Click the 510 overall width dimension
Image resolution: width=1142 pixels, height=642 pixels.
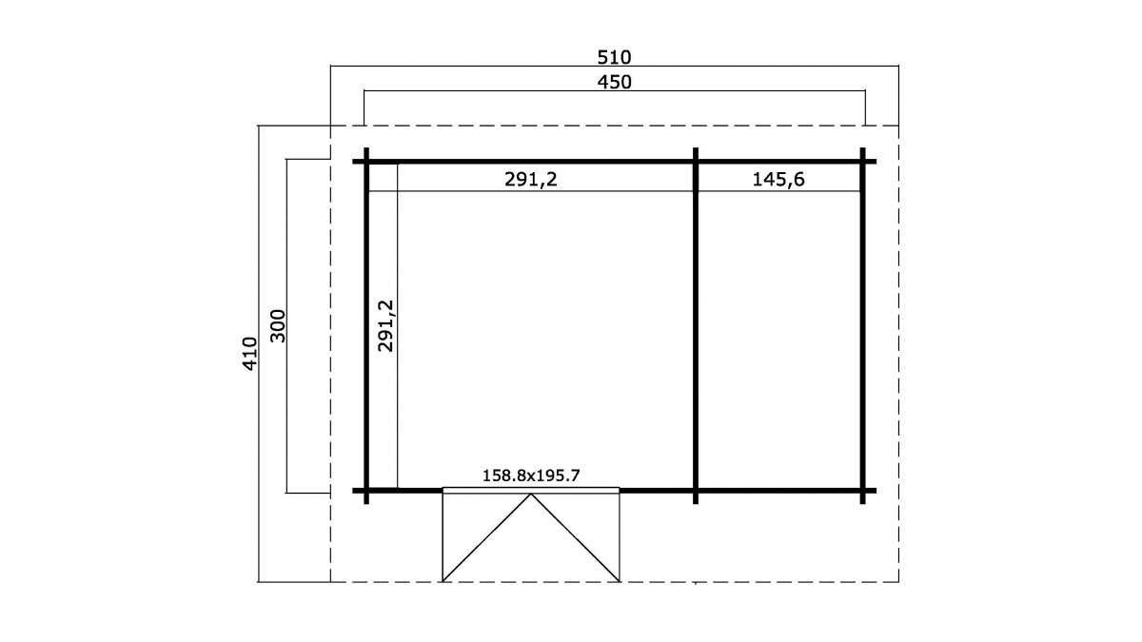tap(614, 58)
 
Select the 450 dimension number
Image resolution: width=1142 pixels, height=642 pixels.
tap(614, 82)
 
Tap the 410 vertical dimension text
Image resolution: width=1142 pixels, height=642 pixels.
tap(249, 353)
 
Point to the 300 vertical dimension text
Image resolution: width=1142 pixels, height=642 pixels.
tap(277, 325)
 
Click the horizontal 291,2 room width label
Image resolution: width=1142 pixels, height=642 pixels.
tap(531, 180)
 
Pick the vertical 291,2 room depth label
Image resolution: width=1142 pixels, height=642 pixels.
tap(386, 325)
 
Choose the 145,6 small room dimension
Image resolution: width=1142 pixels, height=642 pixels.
tap(778, 180)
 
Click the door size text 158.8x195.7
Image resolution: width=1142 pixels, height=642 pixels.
tap(531, 476)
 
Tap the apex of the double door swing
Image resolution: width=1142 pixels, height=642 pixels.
tap(531, 494)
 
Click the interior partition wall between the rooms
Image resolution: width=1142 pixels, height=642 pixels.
tap(696, 326)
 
